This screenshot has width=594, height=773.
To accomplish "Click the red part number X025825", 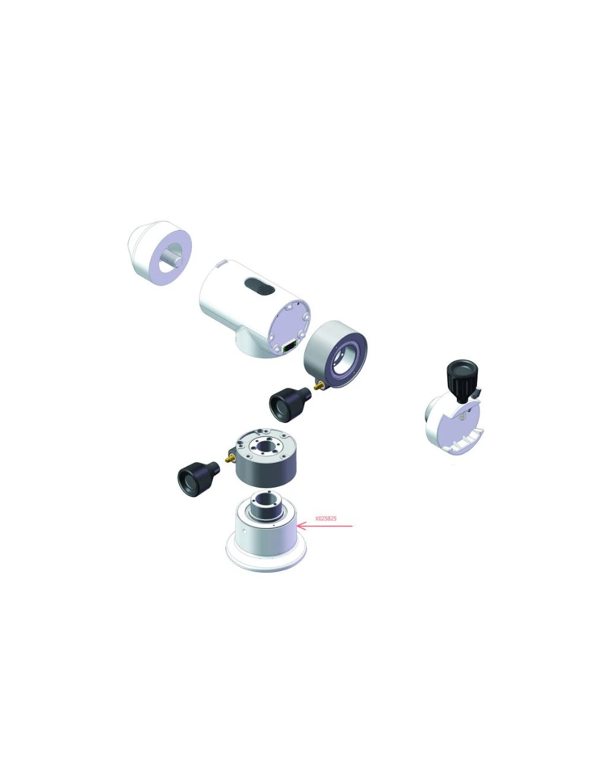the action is [326, 519].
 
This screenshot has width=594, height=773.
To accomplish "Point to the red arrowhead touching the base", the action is [300, 526].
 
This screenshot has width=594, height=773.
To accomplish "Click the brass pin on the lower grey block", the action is [229, 458].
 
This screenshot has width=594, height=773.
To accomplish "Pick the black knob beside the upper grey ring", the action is [289, 403].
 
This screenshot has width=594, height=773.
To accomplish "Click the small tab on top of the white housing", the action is [220, 263].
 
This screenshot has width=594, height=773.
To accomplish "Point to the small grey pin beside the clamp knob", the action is [478, 392].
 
